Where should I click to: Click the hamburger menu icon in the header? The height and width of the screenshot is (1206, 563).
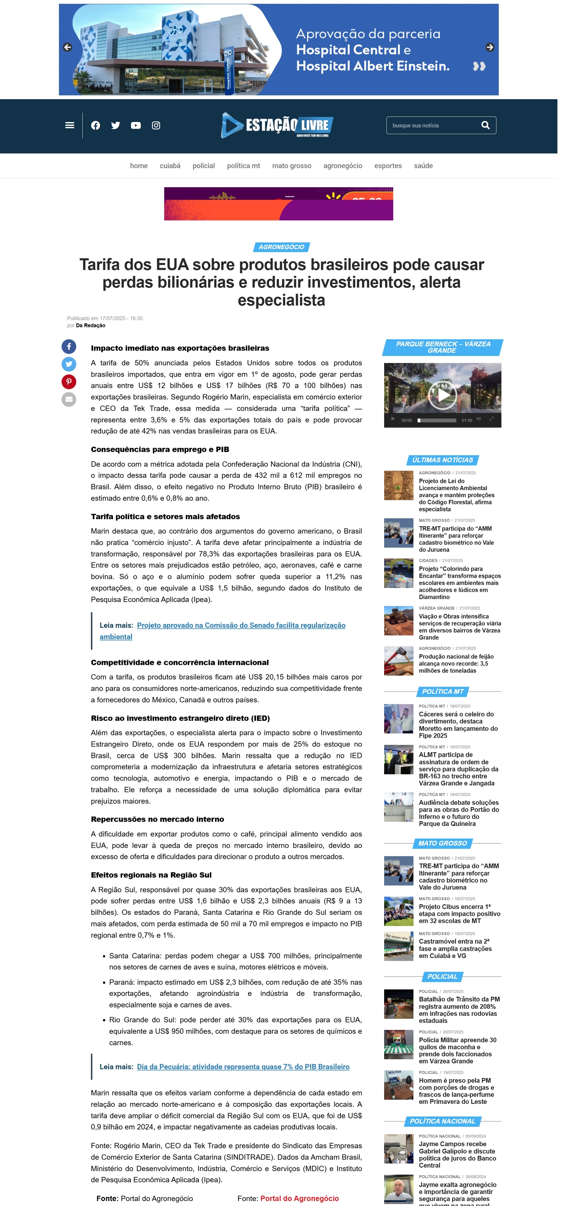[70, 126]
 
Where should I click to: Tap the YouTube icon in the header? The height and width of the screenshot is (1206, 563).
[136, 126]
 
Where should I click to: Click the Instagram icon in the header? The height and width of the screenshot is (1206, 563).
[156, 126]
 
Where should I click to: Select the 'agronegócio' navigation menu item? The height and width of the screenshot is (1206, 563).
[342, 166]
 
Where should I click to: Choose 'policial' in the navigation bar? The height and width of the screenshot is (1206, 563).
[204, 166]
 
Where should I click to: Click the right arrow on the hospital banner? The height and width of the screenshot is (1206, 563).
[489, 47]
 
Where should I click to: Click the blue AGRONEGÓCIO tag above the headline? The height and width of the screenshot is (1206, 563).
[281, 247]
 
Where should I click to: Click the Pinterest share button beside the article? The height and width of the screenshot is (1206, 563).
[69, 381]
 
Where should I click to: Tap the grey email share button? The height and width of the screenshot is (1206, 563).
[69, 399]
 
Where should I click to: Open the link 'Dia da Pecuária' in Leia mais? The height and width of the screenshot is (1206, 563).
[243, 1067]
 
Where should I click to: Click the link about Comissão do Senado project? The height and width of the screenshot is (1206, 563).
[241, 626]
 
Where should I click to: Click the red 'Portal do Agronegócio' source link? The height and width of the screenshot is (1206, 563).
[299, 1198]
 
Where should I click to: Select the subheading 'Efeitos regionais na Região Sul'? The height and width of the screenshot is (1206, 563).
[151, 875]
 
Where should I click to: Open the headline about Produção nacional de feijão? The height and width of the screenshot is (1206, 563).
[456, 663]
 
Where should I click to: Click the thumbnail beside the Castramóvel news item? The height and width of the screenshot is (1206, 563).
[398, 946]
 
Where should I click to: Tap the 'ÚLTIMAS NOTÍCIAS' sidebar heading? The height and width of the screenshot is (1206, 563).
[442, 460]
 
